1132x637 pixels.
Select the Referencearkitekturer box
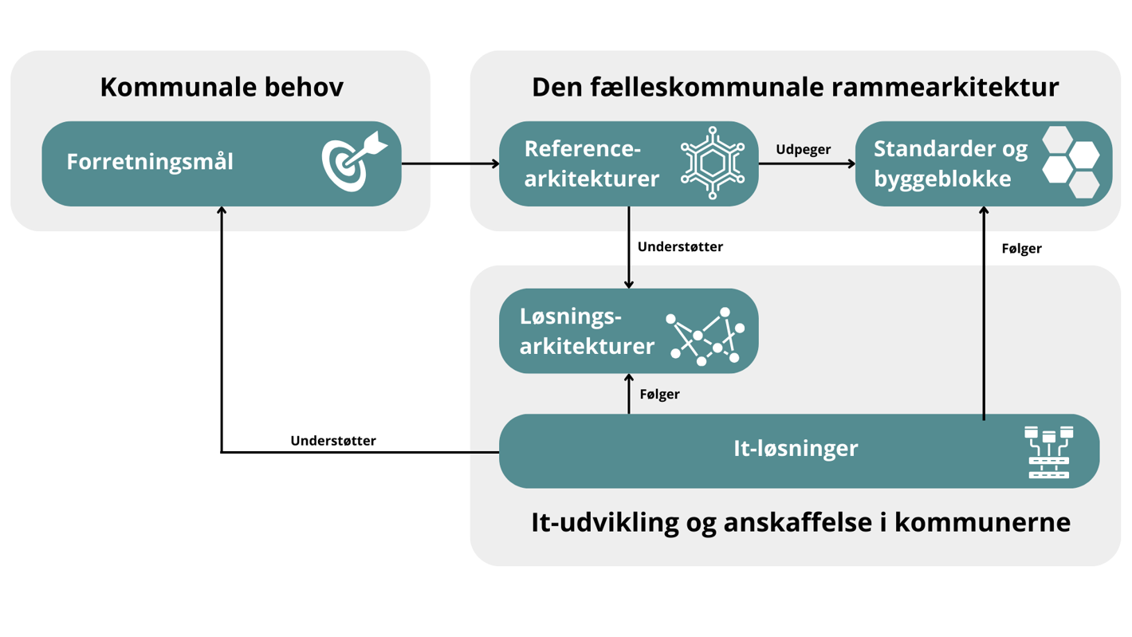click(590, 163)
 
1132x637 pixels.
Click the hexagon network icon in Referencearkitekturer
click(712, 163)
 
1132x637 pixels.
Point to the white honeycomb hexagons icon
click(1071, 162)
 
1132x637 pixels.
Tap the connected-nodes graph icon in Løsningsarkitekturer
click(706, 336)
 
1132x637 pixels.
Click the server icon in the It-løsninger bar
click(1049, 452)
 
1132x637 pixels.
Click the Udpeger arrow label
click(803, 150)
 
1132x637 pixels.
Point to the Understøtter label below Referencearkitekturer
click(680, 247)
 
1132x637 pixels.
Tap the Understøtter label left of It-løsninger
click(333, 441)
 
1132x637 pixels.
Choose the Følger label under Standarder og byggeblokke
click(1021, 249)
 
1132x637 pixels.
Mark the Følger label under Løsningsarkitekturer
click(659, 395)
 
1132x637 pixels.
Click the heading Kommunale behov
click(222, 87)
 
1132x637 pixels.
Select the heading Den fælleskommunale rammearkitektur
click(795, 87)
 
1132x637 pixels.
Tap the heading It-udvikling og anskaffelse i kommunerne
click(800, 523)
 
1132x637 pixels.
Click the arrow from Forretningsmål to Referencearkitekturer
click(450, 164)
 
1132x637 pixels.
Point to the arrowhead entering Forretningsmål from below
click(222, 211)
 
